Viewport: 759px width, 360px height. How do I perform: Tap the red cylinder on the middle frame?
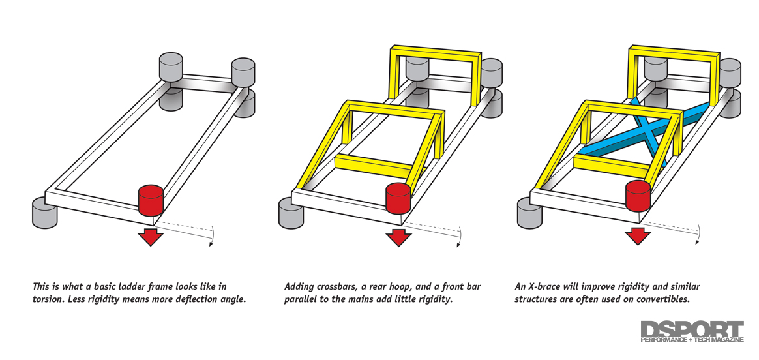pos(398,198)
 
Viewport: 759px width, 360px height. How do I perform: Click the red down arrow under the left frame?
pos(151,235)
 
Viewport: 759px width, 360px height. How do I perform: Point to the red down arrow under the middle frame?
pos(397,235)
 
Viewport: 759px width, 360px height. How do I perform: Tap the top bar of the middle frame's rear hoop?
pos(436,52)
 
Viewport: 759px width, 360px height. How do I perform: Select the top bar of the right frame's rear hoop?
pos(674,51)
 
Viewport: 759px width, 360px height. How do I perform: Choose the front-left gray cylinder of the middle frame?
pos(291,212)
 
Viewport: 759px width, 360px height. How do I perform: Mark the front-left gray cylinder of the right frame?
pos(529,212)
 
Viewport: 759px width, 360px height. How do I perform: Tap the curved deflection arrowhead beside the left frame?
pos(211,245)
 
